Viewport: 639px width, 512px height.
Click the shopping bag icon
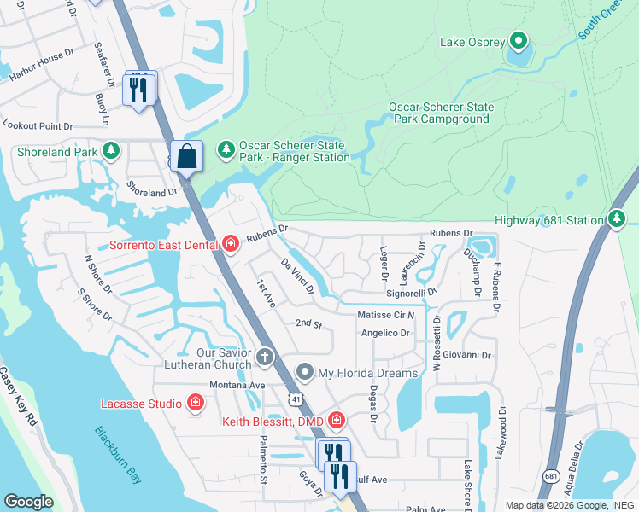186,157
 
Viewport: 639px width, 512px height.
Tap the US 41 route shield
295,398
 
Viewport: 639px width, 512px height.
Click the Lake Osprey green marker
518,40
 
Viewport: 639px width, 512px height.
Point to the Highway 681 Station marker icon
617,219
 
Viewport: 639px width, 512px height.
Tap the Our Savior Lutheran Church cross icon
265,357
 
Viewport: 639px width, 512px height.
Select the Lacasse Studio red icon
195,403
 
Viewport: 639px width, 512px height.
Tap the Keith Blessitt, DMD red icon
337,421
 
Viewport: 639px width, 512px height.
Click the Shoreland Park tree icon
110,151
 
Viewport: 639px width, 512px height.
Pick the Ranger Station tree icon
226,150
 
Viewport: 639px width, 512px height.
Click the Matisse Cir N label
385,315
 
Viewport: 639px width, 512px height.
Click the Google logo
28,502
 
